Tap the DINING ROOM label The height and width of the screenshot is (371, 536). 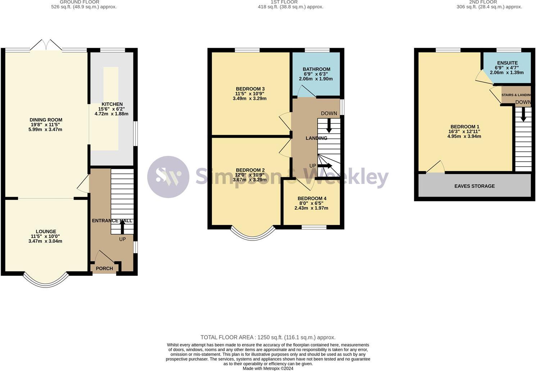[46, 120]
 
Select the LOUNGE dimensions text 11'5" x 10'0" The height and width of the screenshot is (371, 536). [45, 236]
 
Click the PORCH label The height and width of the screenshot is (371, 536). [104, 269]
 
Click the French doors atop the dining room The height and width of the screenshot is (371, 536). [46, 45]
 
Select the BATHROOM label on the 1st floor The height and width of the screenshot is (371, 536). [316, 69]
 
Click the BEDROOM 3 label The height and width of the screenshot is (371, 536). [250, 89]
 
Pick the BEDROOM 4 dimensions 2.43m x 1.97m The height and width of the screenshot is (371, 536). [312, 208]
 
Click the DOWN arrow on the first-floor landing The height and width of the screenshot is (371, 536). [329, 126]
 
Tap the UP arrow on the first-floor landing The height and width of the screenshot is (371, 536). [325, 166]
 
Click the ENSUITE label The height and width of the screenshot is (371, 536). [507, 63]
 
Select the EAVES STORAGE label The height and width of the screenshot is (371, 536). [474, 186]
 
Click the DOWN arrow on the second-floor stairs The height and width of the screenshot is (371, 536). [523, 114]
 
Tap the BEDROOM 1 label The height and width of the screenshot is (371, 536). [465, 127]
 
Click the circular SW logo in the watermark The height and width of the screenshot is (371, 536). [168, 177]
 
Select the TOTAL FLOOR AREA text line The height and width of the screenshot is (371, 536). [268, 337]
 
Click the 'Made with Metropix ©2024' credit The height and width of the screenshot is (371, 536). [268, 368]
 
